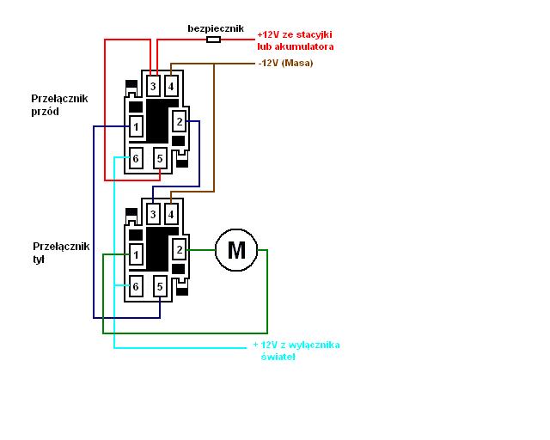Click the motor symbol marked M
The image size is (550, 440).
(236, 250)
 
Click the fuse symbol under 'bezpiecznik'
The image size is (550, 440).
(214, 40)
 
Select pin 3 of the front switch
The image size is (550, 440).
(153, 86)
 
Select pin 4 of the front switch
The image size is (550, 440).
(171, 86)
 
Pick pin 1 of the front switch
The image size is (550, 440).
(135, 127)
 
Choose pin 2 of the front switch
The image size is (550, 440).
(180, 121)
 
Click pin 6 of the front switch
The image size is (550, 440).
(135, 158)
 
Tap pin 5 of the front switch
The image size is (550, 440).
(160, 158)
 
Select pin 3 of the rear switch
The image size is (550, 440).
(153, 213)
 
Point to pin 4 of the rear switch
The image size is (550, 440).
(171, 213)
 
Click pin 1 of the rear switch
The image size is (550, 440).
(135, 254)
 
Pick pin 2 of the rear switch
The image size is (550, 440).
(180, 249)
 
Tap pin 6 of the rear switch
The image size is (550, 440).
(135, 286)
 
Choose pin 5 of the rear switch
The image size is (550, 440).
(160, 286)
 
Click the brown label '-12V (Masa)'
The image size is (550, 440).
(285, 63)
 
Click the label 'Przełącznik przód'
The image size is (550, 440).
(58, 105)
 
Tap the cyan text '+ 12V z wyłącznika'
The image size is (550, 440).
(296, 345)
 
